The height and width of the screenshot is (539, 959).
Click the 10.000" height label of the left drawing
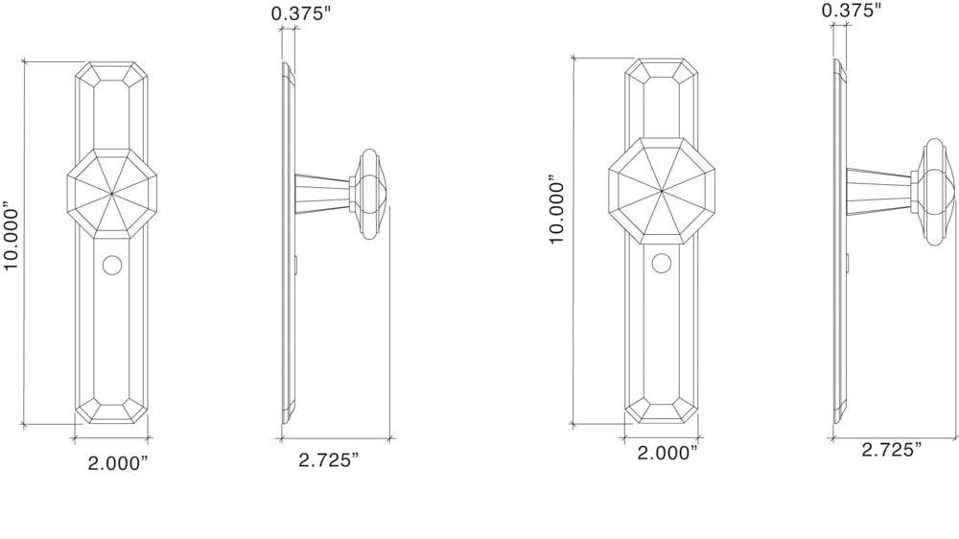click(x=12, y=236)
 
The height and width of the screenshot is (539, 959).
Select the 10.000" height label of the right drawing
click(x=559, y=209)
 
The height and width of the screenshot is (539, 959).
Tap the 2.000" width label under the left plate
click(x=118, y=463)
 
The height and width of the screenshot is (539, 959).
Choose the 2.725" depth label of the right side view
click(x=891, y=449)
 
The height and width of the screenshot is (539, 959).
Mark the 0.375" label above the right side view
click(x=851, y=11)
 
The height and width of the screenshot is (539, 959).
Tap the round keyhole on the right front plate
click(x=660, y=263)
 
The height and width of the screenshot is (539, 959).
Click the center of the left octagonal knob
click(x=112, y=192)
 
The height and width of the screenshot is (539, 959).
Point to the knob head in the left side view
click(x=368, y=194)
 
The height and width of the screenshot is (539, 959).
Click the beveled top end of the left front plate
click(x=113, y=74)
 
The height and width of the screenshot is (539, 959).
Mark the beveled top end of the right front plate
click(x=661, y=70)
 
